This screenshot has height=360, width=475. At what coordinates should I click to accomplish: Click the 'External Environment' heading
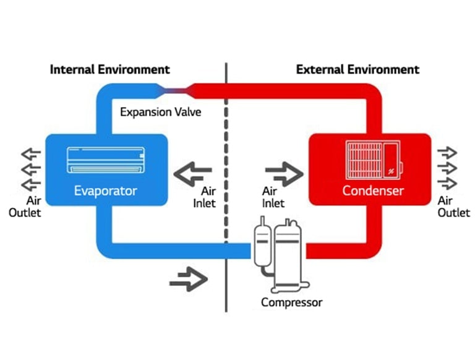(x=357, y=69)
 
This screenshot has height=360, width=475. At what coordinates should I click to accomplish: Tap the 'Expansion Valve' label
(x=160, y=112)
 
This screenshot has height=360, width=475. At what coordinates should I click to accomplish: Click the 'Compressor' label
(x=291, y=302)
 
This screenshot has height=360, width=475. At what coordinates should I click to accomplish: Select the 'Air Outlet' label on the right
(x=453, y=207)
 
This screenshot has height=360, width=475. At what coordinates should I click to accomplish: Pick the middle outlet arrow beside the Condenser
(x=448, y=168)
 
